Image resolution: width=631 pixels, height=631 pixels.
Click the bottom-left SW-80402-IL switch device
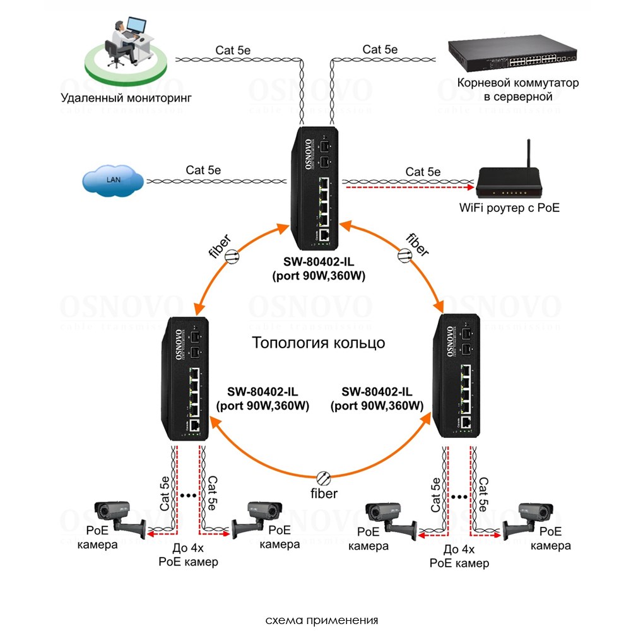[186, 378]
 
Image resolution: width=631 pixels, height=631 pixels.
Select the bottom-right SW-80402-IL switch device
[457, 377]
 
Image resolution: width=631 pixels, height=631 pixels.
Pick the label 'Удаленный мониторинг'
[126, 98]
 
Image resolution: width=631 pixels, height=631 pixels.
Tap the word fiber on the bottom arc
[323, 493]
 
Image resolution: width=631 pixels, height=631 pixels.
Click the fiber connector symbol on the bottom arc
[323, 477]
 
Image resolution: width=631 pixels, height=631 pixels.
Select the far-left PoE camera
[119, 517]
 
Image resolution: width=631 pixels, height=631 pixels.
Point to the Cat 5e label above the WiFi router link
[423, 172]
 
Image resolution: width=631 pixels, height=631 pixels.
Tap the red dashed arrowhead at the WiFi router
[470, 187]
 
